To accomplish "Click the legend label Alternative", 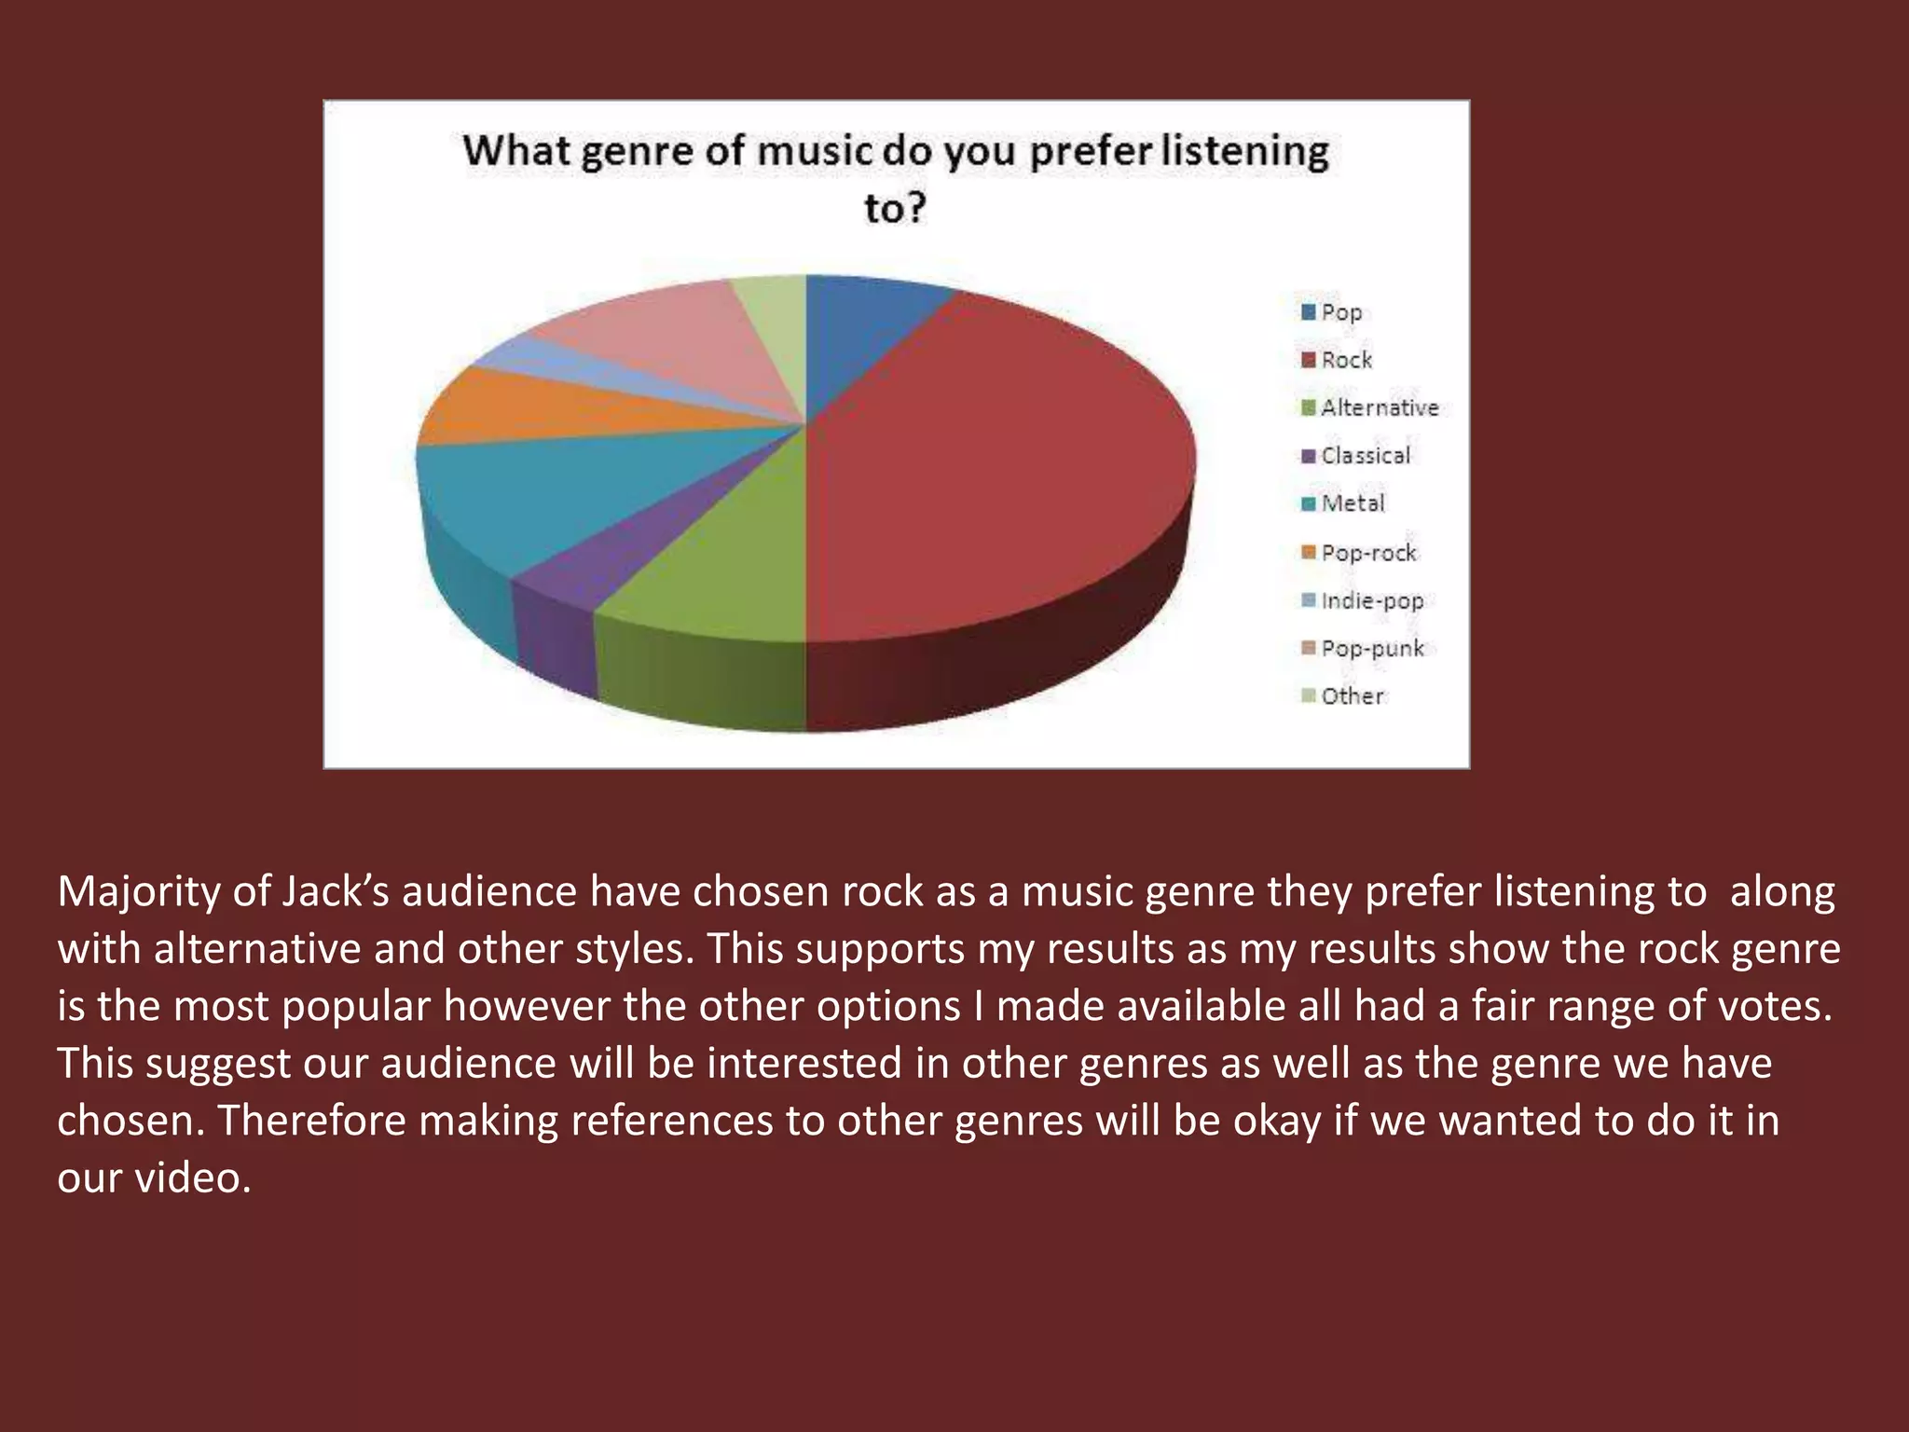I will [x=1380, y=408].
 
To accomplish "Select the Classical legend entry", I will [x=1366, y=456].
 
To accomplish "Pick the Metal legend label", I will [x=1353, y=503].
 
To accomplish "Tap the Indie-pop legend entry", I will [x=1372, y=600].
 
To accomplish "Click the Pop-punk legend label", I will [x=1372, y=649].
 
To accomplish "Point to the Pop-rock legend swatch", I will [x=1309, y=553].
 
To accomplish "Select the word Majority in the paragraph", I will [x=139, y=892].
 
